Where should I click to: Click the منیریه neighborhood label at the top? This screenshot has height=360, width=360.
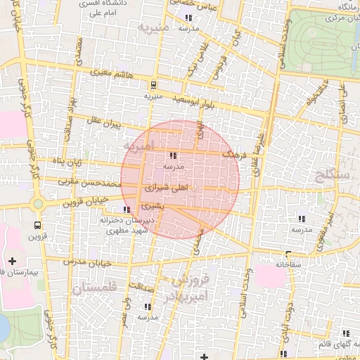(x=155, y=28)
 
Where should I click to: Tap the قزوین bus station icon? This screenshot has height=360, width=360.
(x=37, y=226)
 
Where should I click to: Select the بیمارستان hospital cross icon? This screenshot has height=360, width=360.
(x=12, y=261)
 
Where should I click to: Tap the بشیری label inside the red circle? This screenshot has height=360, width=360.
(x=152, y=207)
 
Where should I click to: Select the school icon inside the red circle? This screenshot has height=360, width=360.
(x=173, y=156)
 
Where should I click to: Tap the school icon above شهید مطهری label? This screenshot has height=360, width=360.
(x=126, y=210)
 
